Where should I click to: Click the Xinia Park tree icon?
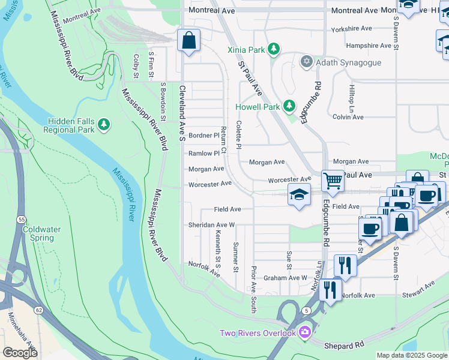pyautogui.click(x=273, y=49)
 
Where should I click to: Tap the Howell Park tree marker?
pyautogui.click(x=289, y=106)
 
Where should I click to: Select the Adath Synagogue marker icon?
pyautogui.click(x=307, y=61)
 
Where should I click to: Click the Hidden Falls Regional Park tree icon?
pyautogui.click(x=104, y=124)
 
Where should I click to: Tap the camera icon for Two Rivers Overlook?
pyautogui.click(x=306, y=332)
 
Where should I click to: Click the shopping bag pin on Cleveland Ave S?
pyautogui.click(x=189, y=41)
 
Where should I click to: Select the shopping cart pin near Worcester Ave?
pyautogui.click(x=333, y=181)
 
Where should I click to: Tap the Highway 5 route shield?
pyautogui.click(x=306, y=310)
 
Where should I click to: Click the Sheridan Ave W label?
pyautogui.click(x=211, y=224)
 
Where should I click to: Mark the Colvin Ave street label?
pyautogui.click(x=348, y=117)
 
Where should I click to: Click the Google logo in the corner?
pyautogui.click(x=20, y=352)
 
